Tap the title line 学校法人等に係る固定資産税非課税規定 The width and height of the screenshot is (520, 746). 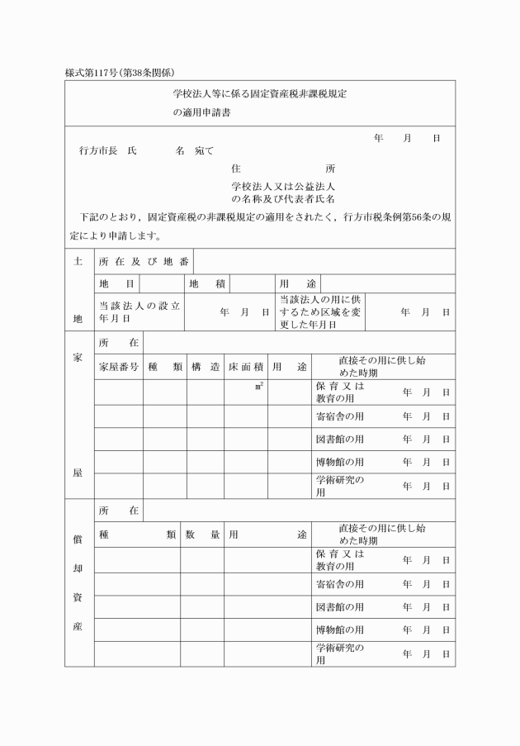[259, 95]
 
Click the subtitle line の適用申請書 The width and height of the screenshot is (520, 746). [202, 114]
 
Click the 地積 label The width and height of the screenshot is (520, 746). [207, 283]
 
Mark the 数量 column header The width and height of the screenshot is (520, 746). [202, 535]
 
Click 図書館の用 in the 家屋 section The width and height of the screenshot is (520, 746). [340, 439]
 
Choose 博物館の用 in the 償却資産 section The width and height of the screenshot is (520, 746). [340, 630]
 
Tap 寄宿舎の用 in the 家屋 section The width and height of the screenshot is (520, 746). [340, 416]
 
